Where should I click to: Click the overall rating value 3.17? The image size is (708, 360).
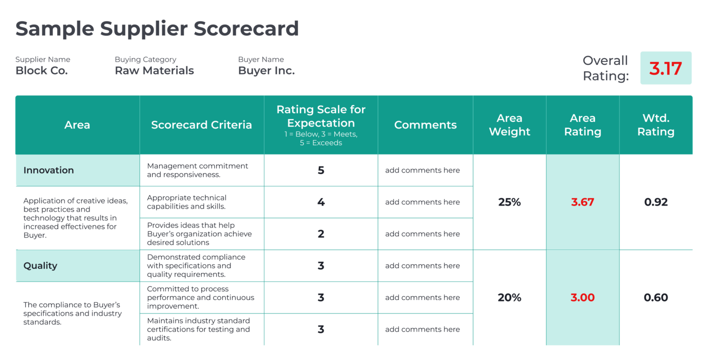pos(665,68)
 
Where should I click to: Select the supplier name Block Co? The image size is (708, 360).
pos(41,71)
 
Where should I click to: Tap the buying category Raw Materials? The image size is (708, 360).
pos(154,71)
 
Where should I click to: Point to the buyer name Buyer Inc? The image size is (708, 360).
pos(266,71)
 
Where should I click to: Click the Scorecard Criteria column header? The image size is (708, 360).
pos(201,125)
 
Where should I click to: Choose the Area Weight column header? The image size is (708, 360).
pos(509,125)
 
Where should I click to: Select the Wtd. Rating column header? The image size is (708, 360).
pos(655,125)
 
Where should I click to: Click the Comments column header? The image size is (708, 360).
pos(425,125)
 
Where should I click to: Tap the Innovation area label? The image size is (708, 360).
pos(48,170)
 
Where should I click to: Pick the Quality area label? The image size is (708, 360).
pos(40,266)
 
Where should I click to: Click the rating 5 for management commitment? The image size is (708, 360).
pos(321,170)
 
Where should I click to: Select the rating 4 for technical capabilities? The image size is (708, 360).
pos(321,202)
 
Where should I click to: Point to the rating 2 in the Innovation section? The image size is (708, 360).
pos(321,234)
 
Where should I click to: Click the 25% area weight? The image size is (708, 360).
pos(509,202)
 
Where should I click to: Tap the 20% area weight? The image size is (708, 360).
pos(509,297)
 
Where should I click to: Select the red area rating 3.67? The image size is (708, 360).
pos(583,202)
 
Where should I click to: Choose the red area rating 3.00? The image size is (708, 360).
pos(583,297)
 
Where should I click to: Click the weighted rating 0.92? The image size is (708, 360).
pos(655,202)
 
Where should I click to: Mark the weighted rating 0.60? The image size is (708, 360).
pos(655,297)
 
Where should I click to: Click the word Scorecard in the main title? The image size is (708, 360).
pos(246,29)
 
